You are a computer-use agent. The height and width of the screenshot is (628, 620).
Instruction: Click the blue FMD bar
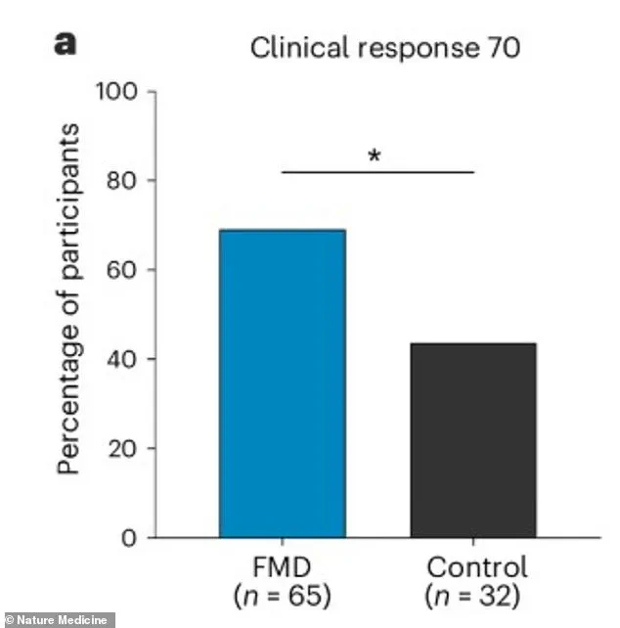[x=282, y=383]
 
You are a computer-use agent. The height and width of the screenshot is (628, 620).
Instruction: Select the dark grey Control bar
[x=472, y=440]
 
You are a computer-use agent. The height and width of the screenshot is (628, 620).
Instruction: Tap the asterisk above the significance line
[x=375, y=156]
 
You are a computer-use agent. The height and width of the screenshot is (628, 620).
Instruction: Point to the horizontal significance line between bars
[x=377, y=172]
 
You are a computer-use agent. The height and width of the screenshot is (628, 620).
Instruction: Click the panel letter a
[x=66, y=45]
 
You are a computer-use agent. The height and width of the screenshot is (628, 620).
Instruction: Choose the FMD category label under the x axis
[x=281, y=566]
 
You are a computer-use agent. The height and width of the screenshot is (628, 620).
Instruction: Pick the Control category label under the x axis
[x=476, y=566]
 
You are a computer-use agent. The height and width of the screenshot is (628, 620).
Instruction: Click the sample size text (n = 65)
[x=281, y=593]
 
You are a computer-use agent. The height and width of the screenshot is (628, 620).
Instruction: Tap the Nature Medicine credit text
[x=58, y=619]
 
